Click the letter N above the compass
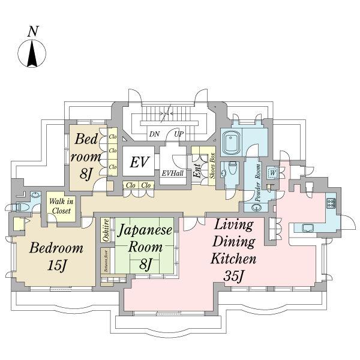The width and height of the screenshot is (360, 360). (x=34, y=31)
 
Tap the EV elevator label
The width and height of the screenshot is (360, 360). (x=140, y=162)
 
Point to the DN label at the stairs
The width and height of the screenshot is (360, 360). (x=154, y=134)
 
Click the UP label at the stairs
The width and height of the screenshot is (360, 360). (x=179, y=134)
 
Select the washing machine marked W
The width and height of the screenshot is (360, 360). (x=272, y=173)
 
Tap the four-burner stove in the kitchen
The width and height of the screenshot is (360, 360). (x=331, y=203)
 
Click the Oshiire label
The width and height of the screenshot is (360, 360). (x=106, y=230)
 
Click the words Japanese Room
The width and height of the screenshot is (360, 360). (x=145, y=238)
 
